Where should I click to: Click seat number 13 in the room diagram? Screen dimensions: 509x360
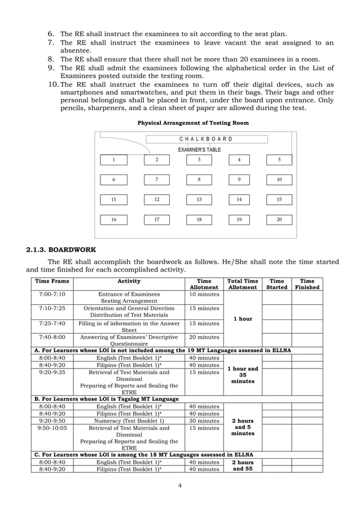pyautogui.click(x=199, y=200)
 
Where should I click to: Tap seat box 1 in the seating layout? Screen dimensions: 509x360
pyautogui.click(x=114, y=160)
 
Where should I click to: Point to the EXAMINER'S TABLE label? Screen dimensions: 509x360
pyautogui.click(x=199, y=150)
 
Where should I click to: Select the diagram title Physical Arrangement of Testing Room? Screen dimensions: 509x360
pyautogui.click(x=193, y=122)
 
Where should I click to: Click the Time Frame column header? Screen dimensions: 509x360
pyautogui.click(x=52, y=281)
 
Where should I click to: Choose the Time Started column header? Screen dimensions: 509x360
pyautogui.click(x=277, y=284)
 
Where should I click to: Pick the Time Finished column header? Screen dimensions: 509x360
pyautogui.click(x=307, y=284)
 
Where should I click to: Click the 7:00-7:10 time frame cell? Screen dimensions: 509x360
pyautogui.click(x=52, y=294)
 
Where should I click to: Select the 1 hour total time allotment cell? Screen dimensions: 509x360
pyautogui.click(x=243, y=319)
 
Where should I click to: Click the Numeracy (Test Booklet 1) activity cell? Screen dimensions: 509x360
pyautogui.click(x=129, y=420)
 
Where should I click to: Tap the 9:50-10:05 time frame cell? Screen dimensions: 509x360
pyautogui.click(x=52, y=428)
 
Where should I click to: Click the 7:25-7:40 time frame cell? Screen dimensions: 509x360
pyautogui.click(x=52, y=323)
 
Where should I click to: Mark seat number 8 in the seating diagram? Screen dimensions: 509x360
pyautogui.click(x=199, y=179)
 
